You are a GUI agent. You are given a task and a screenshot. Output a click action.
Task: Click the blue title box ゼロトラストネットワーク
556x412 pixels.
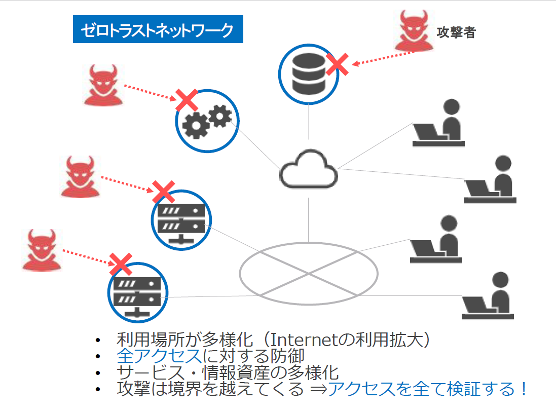[x=158, y=29]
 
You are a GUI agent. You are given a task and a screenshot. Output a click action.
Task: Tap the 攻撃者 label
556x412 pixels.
[x=456, y=32]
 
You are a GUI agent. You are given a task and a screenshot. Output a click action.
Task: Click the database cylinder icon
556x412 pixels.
[x=309, y=74]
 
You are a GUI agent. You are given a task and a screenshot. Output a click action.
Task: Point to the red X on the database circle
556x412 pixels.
[x=337, y=64]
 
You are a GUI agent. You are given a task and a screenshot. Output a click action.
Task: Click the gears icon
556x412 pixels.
[x=207, y=122]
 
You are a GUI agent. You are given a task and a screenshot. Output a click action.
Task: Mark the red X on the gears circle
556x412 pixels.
[x=187, y=100]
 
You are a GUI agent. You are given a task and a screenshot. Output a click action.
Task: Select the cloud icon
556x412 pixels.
[x=309, y=169]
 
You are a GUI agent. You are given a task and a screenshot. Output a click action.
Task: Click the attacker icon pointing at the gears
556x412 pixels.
[x=103, y=85]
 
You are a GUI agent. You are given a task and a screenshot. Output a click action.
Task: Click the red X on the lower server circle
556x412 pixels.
[x=121, y=265]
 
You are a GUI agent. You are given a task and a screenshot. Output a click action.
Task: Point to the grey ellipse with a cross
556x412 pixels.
[x=309, y=243]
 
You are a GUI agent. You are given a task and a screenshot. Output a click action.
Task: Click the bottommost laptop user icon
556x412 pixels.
[x=488, y=296]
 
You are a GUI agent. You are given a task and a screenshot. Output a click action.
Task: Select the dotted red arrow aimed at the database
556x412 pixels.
[x=383, y=58]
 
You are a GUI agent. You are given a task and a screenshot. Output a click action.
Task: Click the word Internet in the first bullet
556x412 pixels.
[x=304, y=340]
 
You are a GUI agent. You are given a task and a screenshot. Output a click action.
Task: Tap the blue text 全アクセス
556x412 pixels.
[x=159, y=356]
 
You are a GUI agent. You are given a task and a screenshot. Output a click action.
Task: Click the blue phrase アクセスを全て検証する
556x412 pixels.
[x=421, y=389]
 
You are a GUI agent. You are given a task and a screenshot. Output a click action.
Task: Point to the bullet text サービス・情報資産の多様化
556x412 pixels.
[x=228, y=372]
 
